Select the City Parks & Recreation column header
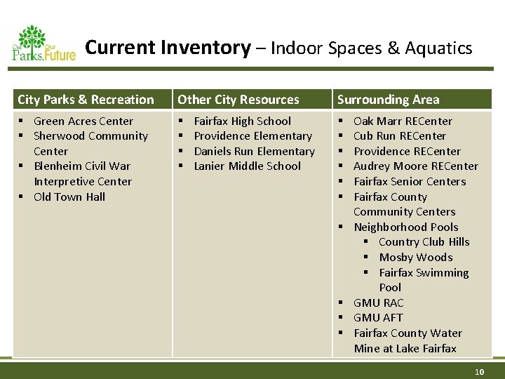click(x=86, y=100)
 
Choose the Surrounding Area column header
click(x=388, y=100)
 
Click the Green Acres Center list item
click(x=83, y=121)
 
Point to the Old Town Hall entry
click(x=69, y=197)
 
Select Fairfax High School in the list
click(x=242, y=121)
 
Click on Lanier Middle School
click(x=247, y=166)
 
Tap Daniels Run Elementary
click(x=254, y=151)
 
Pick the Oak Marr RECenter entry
click(x=403, y=121)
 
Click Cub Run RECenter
click(x=400, y=135)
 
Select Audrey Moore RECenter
click(x=415, y=166)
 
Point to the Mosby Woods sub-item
click(x=415, y=257)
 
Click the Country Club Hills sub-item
click(x=424, y=242)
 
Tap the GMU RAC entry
click(x=379, y=302)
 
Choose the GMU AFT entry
click(x=378, y=318)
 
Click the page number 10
click(x=479, y=372)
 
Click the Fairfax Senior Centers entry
click(x=410, y=181)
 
